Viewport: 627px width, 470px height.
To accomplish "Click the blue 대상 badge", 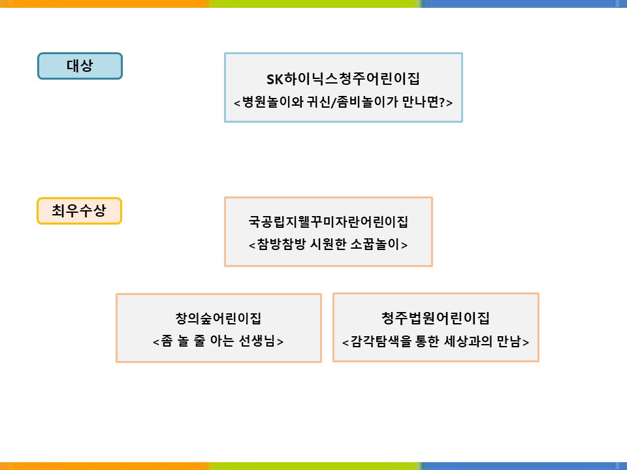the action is click(x=80, y=66).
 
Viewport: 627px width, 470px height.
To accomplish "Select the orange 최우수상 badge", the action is click(x=79, y=211).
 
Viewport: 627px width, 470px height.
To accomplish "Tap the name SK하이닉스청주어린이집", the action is click(x=343, y=79).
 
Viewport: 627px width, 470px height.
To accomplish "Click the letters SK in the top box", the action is click(x=275, y=79).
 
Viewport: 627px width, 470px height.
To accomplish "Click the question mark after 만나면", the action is click(x=442, y=102).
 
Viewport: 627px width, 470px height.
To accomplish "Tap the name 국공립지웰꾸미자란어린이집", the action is click(x=329, y=221).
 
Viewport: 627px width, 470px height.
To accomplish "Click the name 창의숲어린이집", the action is click(x=218, y=318).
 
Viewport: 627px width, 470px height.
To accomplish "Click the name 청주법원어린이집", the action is click(x=436, y=318).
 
